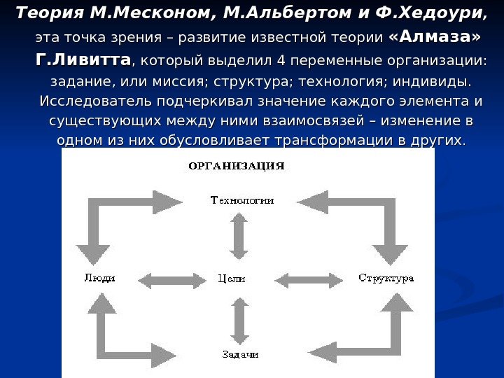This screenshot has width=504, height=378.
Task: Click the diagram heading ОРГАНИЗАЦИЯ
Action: tap(237, 167)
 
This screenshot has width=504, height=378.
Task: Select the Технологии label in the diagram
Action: tap(242, 201)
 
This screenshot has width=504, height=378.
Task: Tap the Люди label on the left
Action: tap(99, 278)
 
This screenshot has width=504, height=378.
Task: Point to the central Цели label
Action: tap(232, 279)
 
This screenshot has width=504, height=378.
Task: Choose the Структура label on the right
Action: tap(386, 278)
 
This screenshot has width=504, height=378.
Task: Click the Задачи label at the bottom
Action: tap(240, 354)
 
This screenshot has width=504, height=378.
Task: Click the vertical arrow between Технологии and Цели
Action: tap(239, 237)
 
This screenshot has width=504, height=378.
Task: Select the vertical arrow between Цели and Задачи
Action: tap(239, 320)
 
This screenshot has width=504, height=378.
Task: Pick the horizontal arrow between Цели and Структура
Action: tap(307, 281)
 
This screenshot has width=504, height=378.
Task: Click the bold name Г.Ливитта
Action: tap(83, 59)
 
